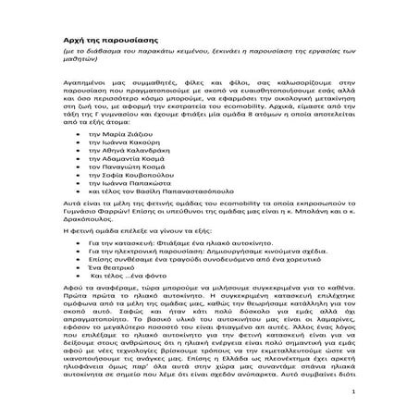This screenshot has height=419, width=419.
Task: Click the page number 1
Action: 366,404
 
